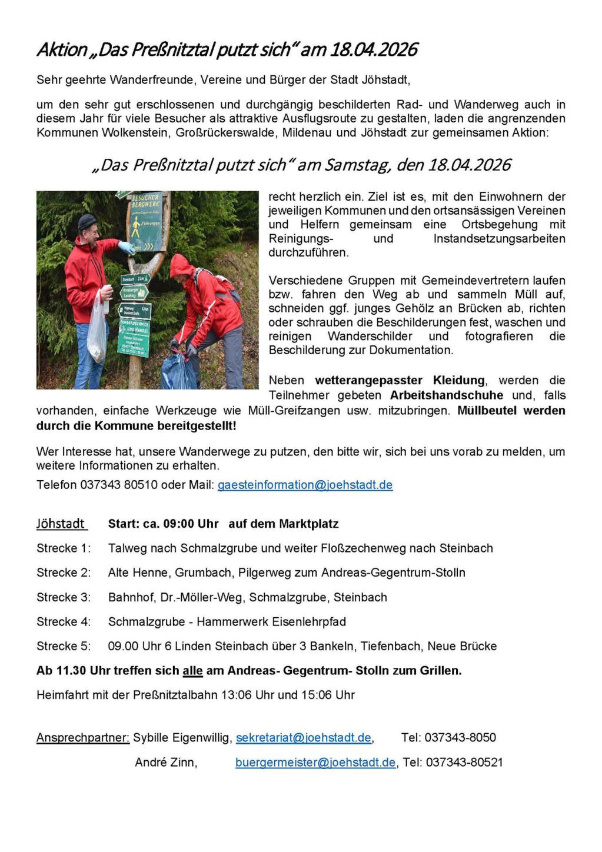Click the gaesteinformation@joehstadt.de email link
tap(305, 485)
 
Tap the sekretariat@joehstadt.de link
tap(304, 737)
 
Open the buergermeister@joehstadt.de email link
tap(315, 762)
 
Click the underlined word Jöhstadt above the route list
tap(61, 523)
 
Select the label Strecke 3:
tap(64, 597)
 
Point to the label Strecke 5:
tap(64, 646)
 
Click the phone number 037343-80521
tap(464, 762)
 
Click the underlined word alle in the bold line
tap(192, 670)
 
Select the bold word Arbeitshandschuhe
tap(446, 395)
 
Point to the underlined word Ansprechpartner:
tap(83, 737)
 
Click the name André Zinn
tap(166, 762)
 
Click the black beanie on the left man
tap(87, 221)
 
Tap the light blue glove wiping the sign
tap(126, 247)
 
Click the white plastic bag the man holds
tap(97, 330)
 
